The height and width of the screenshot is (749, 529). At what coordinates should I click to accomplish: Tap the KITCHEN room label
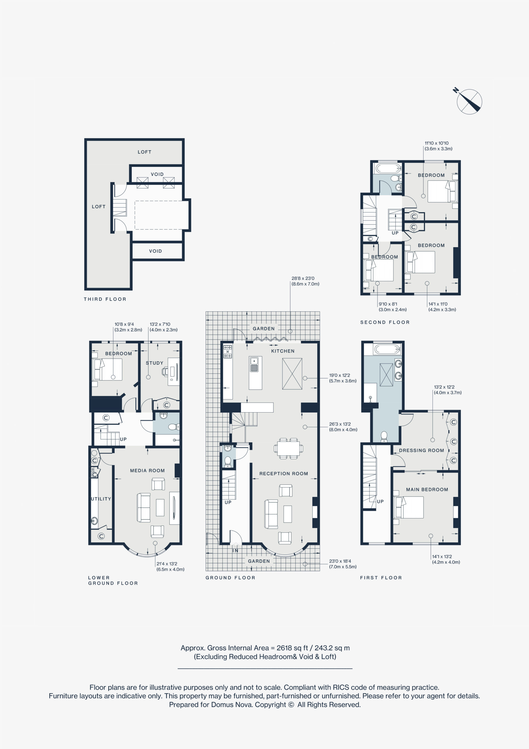coord(283,351)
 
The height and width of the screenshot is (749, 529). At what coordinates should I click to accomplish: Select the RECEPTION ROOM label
coord(284,474)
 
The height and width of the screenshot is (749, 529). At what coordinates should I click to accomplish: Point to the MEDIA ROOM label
coord(147,471)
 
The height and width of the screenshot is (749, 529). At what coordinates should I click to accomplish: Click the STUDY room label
coord(154,363)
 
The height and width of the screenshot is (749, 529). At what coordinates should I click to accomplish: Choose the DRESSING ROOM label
coord(422,451)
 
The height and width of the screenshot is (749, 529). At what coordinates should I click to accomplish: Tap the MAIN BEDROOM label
coord(427,490)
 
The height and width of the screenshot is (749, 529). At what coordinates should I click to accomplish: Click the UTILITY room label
coord(101,499)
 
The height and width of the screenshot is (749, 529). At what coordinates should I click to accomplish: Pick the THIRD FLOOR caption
coord(105,299)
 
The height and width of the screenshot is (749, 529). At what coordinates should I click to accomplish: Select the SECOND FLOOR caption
coord(385,322)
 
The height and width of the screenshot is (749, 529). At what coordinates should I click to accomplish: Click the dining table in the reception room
coord(288,449)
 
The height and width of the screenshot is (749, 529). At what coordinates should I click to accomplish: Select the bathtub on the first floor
coord(387,349)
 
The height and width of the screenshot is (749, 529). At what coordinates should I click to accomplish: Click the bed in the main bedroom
coord(409,507)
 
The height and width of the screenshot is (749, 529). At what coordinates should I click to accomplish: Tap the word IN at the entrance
coord(235,551)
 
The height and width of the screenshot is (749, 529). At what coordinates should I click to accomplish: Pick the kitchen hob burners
coord(228,352)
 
